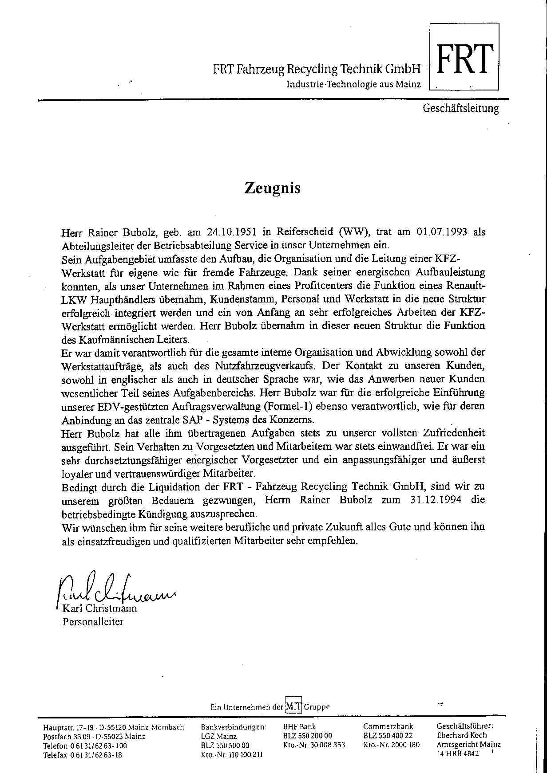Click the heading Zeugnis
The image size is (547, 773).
[272, 188]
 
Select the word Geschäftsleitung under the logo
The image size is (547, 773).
[461, 108]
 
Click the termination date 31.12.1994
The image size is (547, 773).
[433, 500]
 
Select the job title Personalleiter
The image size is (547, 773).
[93, 621]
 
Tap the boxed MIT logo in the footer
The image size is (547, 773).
[294, 706]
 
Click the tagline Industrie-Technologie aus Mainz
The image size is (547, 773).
[353, 84]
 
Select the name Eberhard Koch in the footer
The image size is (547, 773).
[462, 735]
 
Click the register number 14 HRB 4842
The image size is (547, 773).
[458, 753]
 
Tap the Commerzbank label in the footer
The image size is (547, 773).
[388, 726]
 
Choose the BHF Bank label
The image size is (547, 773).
[299, 726]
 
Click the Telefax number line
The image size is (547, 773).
[83, 755]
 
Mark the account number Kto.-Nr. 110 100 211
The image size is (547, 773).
[231, 755]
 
